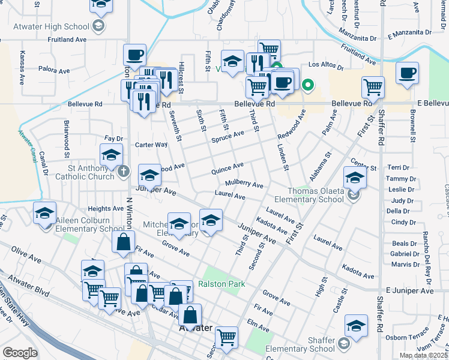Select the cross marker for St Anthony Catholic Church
pos(123,172)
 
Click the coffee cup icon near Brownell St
pos(407,74)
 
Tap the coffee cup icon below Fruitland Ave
pos(134,56)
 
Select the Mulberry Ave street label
pos(244,184)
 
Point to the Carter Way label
pos(151,145)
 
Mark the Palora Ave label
pos(55,71)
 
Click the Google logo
pos(20,353)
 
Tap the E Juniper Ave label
pos(411,290)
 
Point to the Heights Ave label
pos(106,209)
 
